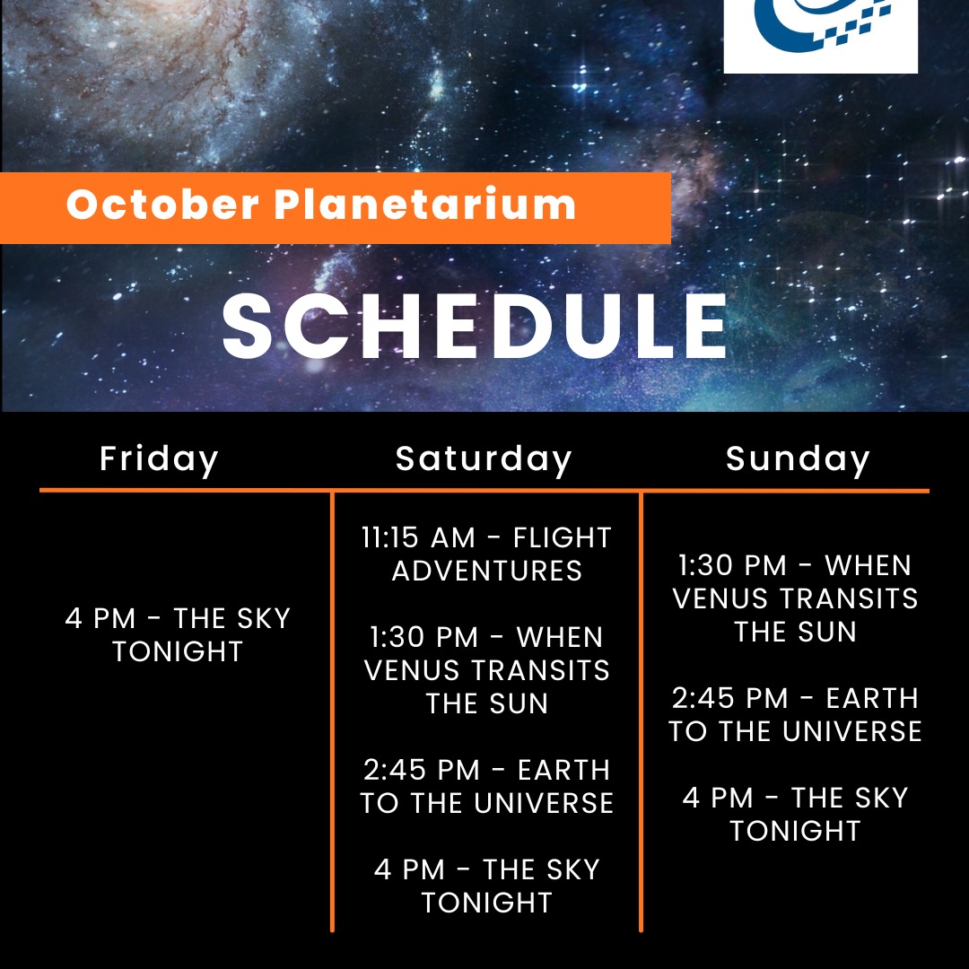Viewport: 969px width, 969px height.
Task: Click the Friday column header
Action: click(159, 459)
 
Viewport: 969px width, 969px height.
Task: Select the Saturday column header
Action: click(484, 459)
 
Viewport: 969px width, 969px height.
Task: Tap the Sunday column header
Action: click(798, 459)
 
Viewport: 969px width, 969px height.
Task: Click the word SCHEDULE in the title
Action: click(476, 327)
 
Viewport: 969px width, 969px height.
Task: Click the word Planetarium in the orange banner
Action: click(424, 205)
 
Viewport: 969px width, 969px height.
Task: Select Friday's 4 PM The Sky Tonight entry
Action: click(178, 634)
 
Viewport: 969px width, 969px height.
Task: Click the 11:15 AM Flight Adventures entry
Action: click(486, 554)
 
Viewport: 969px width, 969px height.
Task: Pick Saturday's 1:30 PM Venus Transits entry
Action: click(486, 670)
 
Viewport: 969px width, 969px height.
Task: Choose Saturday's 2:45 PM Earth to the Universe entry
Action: click(486, 786)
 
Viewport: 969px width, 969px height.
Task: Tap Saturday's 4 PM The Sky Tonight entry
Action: click(486, 886)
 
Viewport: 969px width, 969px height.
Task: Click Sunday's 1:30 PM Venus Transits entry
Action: click(795, 598)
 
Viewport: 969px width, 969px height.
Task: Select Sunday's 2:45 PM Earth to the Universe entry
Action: click(795, 714)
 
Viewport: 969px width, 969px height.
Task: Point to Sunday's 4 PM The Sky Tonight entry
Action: click(795, 814)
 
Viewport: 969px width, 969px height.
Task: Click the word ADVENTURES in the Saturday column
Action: click(487, 571)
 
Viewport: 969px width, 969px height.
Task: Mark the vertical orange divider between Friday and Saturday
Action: click(332, 709)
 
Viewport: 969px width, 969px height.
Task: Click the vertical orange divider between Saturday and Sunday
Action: click(641, 709)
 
